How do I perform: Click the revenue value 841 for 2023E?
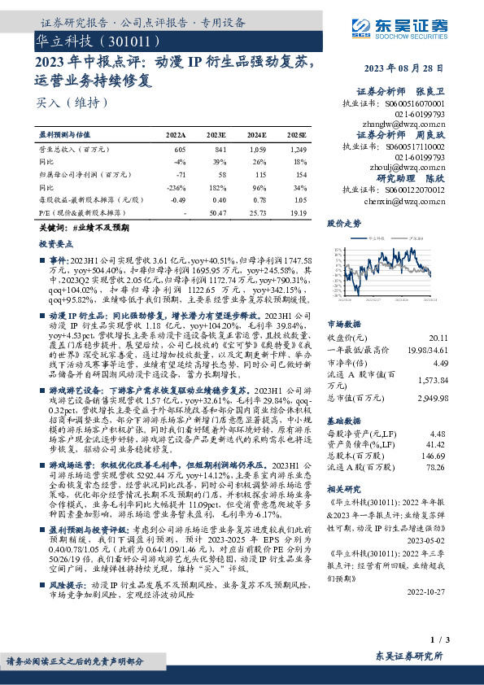point(220,150)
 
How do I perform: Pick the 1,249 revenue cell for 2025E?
point(298,150)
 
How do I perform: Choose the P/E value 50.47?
point(218,212)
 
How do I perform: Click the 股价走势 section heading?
point(343,222)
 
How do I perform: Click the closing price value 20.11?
point(438,337)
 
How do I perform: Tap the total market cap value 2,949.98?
point(432,399)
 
